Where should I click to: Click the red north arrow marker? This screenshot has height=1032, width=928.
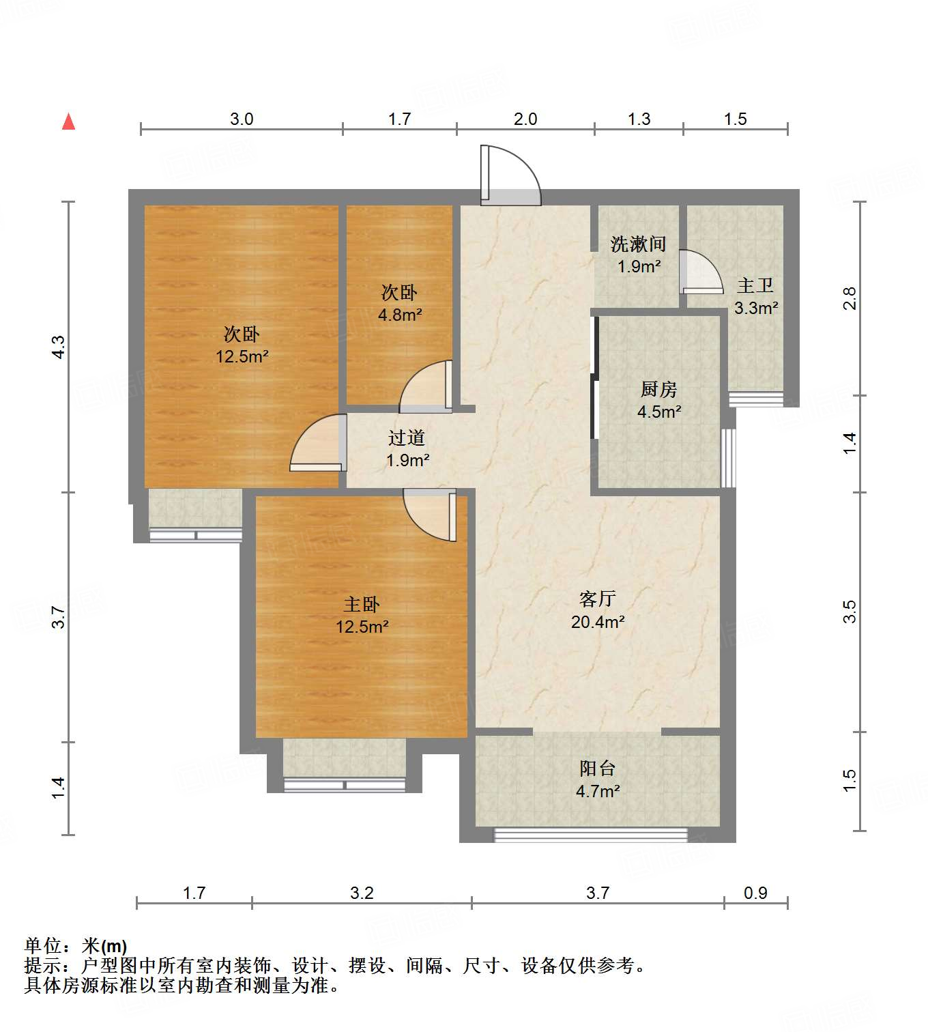[68, 121]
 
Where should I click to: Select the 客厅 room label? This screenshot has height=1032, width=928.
[598, 599]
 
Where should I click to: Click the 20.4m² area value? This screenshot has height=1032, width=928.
[598, 622]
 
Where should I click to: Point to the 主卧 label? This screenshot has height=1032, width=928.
[362, 604]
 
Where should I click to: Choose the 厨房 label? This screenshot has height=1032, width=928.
[658, 389]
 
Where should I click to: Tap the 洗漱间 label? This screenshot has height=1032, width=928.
[638, 244]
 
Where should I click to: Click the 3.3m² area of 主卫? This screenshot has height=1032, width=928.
[756, 308]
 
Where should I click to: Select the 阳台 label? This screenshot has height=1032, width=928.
[598, 769]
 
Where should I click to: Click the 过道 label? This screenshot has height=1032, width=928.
[407, 438]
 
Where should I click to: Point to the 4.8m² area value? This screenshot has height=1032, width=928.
[400, 315]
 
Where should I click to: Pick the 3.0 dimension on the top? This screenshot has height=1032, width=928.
[242, 119]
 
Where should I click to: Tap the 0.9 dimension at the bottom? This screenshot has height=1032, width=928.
[755, 893]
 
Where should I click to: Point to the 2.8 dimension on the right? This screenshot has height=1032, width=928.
[849, 298]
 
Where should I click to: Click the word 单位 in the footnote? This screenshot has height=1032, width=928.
[43, 946]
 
